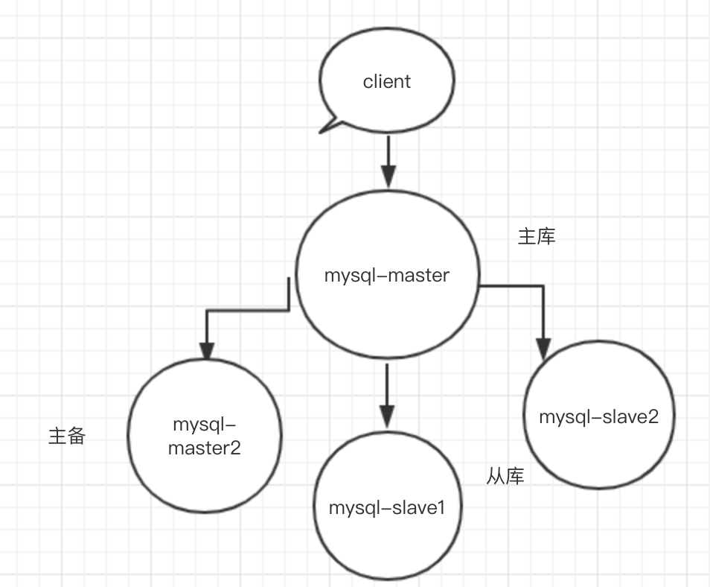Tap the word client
pyautogui.click(x=386, y=81)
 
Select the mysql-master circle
pyautogui.click(x=386, y=313)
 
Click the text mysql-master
pyautogui.click(x=386, y=276)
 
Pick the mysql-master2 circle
pyautogui.click(x=205, y=477)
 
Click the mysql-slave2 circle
pyautogui.click(x=599, y=447)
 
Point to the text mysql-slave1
pyautogui.click(x=386, y=509)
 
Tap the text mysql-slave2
pyautogui.click(x=599, y=416)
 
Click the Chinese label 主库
pyautogui.click(x=537, y=237)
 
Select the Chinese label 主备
pyautogui.click(x=67, y=436)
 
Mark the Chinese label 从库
pyautogui.click(x=505, y=476)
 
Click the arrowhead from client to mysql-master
pyautogui.click(x=386, y=177)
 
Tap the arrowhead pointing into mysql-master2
pyautogui.click(x=206, y=349)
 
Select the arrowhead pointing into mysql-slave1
pyautogui.click(x=386, y=416)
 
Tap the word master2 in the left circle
pyautogui.click(x=205, y=448)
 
